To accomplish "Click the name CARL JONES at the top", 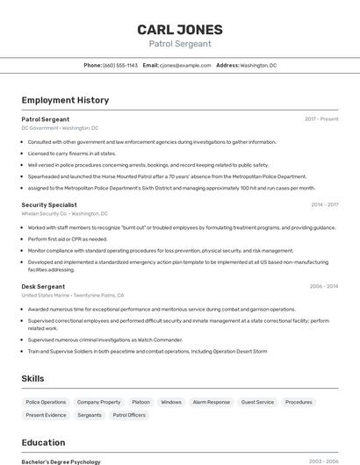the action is (x=179, y=30).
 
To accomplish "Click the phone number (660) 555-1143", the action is (x=120, y=65).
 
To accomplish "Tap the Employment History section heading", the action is (x=65, y=100).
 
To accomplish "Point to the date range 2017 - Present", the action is (x=321, y=118).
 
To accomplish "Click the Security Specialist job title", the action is (x=49, y=204).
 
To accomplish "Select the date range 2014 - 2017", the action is (x=324, y=204).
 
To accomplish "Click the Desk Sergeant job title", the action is (x=43, y=286).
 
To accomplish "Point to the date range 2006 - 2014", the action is (x=324, y=286).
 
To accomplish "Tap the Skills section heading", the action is (x=33, y=378).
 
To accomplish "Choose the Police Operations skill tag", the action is (x=46, y=402).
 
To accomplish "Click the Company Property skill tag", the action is (x=98, y=402).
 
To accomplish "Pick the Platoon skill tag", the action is (x=140, y=402).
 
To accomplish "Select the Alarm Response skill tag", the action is (x=211, y=402).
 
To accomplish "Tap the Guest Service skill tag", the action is (x=257, y=402).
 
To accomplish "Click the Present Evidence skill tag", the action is (x=46, y=415).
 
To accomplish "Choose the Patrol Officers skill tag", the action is (x=129, y=415).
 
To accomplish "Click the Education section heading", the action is (x=44, y=443).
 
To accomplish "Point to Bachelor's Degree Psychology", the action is (x=61, y=461).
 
